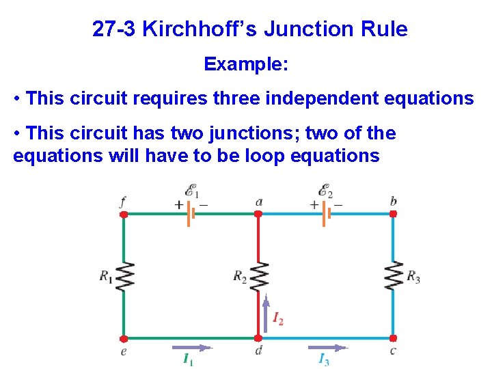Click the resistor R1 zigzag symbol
click(124, 277)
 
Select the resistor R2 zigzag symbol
click(258, 277)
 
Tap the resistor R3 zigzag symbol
click(393, 277)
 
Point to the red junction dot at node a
click(258, 214)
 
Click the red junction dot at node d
click(258, 338)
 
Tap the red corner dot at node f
click(124, 214)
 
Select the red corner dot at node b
click(393, 214)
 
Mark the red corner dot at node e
click(124, 338)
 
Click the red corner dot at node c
click(393, 338)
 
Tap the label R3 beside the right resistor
click(413, 277)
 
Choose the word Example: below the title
click(246, 65)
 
